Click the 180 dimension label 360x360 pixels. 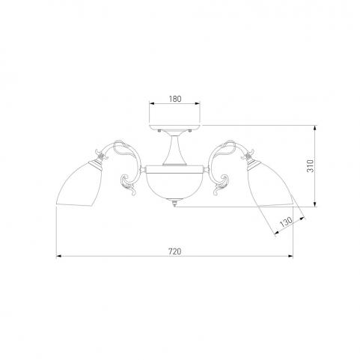point(175,99)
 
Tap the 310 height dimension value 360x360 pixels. point(310,166)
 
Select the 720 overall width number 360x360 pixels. point(174,251)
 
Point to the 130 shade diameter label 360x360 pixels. point(286,222)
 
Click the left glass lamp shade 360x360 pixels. point(79,184)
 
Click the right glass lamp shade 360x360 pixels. point(271,184)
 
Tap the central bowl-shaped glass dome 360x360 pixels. point(174,183)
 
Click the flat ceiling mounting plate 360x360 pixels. point(174,126)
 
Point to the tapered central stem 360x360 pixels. point(174,150)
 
